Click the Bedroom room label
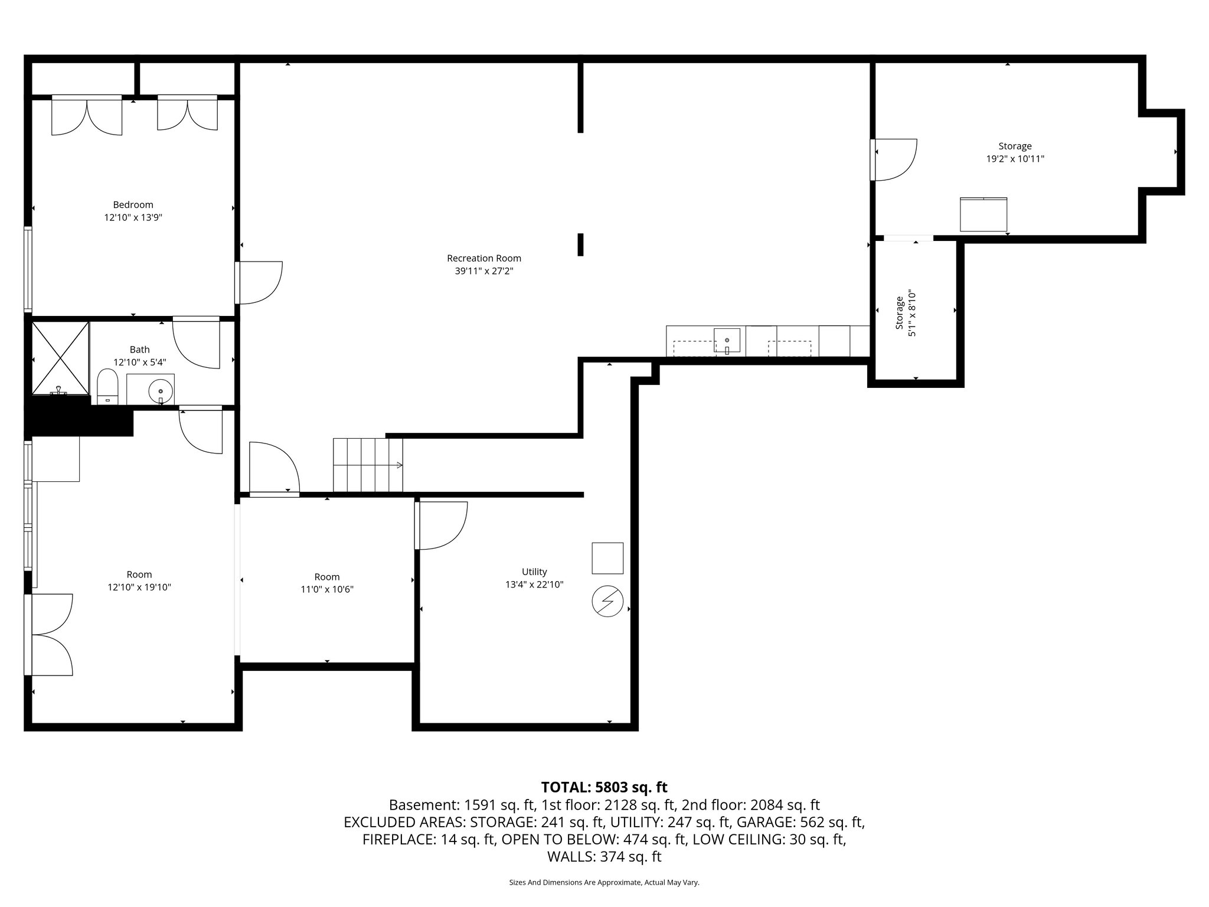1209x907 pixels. click(133, 205)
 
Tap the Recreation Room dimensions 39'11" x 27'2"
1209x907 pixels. click(484, 271)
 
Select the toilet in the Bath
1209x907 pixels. click(107, 387)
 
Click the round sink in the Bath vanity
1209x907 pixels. click(160, 390)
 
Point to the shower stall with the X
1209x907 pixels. click(60, 357)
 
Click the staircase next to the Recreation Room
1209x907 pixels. click(368, 465)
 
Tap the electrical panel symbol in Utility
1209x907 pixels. click(607, 602)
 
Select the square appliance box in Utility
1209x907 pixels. click(607, 558)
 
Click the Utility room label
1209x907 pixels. click(534, 572)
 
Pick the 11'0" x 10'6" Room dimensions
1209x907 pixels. click(327, 589)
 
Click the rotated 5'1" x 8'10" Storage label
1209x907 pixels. click(906, 313)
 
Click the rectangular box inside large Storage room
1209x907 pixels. click(983, 214)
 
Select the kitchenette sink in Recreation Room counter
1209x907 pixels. click(727, 341)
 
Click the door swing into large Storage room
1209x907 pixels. click(895, 159)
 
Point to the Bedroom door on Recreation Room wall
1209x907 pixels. click(260, 282)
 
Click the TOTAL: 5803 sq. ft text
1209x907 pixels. click(604, 787)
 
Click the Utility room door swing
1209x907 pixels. click(442, 525)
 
